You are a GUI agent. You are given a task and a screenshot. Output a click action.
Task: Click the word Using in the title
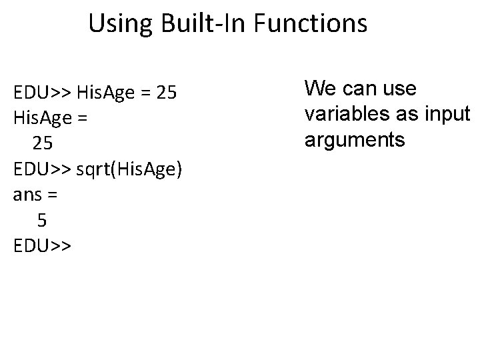click(121, 24)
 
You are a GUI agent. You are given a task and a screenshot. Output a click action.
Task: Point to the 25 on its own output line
click(42, 143)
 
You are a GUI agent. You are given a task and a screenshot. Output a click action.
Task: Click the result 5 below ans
click(42, 221)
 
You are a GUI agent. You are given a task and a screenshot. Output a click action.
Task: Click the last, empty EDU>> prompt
click(42, 246)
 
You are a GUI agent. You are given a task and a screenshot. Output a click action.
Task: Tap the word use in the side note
click(400, 88)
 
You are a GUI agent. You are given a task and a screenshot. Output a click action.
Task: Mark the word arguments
click(355, 140)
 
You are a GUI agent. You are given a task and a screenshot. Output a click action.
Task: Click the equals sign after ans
click(53, 195)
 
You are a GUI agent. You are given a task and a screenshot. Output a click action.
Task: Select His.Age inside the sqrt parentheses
click(149, 169)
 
